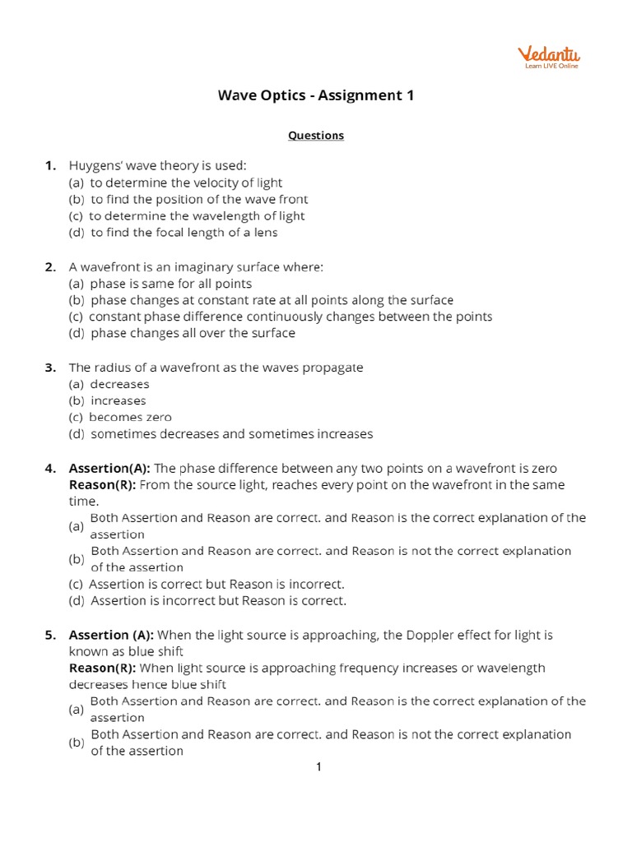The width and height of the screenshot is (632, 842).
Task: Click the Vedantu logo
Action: pyautogui.click(x=548, y=57)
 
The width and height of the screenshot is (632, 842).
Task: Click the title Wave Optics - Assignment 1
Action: pyautogui.click(x=315, y=95)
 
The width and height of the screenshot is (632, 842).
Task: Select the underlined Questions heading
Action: pyautogui.click(x=315, y=136)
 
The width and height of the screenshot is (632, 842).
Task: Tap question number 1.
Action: pyautogui.click(x=50, y=166)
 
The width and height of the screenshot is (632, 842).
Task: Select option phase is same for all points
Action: pyautogui.click(x=170, y=284)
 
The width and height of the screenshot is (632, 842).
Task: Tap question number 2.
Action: pyautogui.click(x=50, y=266)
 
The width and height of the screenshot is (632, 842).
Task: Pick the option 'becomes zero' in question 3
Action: pyautogui.click(x=130, y=417)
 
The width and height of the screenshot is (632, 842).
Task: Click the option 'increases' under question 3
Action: pyautogui.click(x=118, y=400)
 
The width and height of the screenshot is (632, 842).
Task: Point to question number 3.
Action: pyautogui.click(x=50, y=368)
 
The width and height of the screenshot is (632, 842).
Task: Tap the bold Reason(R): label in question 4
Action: pyautogui.click(x=103, y=485)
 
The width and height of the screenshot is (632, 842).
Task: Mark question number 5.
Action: pyautogui.click(x=50, y=635)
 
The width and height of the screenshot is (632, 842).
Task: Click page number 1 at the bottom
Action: pyautogui.click(x=318, y=767)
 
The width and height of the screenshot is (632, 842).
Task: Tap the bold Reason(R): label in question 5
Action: pyautogui.click(x=103, y=668)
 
